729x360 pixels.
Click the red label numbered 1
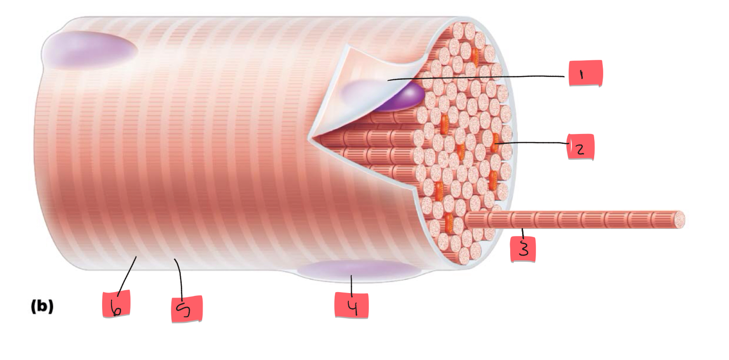point(585,74)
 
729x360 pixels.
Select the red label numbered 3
point(523,248)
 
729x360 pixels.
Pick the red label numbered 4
point(351,304)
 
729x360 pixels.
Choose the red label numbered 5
point(187,309)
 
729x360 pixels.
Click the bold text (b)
point(42,307)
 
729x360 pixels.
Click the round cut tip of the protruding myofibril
point(679,219)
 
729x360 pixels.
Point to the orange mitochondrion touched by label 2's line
point(495,142)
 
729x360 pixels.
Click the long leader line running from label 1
point(475,78)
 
